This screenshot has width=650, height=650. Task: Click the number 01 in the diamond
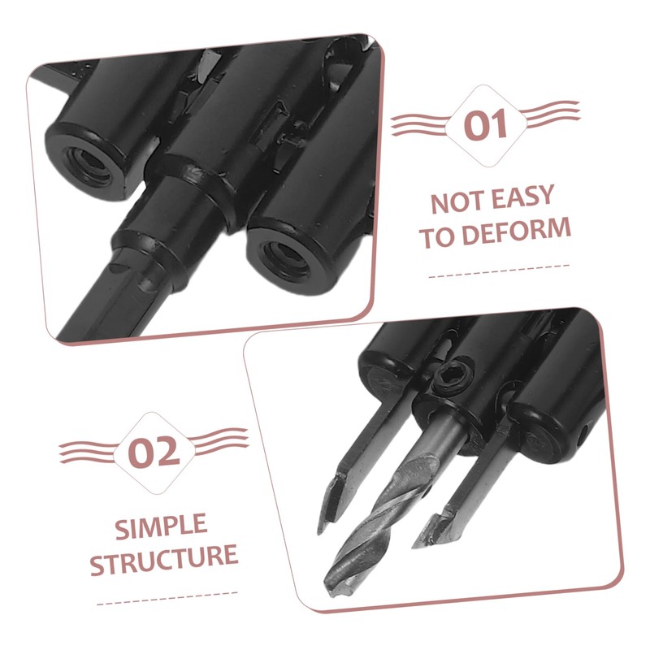486,127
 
